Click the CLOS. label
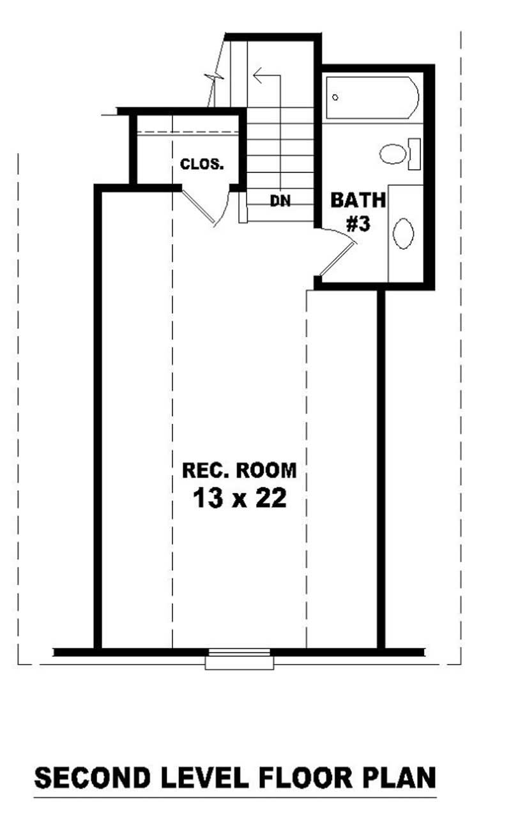202,164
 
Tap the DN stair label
280,201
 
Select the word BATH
358,200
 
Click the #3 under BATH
359,224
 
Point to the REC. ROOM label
240,471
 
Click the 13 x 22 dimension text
240,499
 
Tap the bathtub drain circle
335,98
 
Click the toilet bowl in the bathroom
393,154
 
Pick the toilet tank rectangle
415,154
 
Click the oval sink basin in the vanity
404,233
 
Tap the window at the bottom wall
240,658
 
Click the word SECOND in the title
92,778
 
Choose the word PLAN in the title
400,778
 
